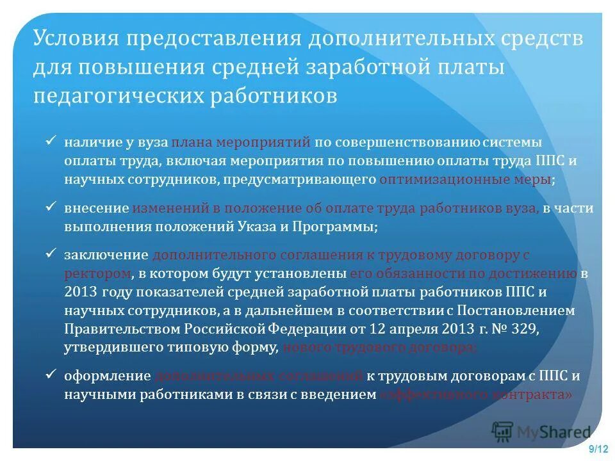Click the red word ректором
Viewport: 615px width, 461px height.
click(98, 273)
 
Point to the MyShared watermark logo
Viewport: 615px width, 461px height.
click(541, 432)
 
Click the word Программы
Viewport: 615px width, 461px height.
click(336, 227)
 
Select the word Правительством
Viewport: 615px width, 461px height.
click(122, 329)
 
